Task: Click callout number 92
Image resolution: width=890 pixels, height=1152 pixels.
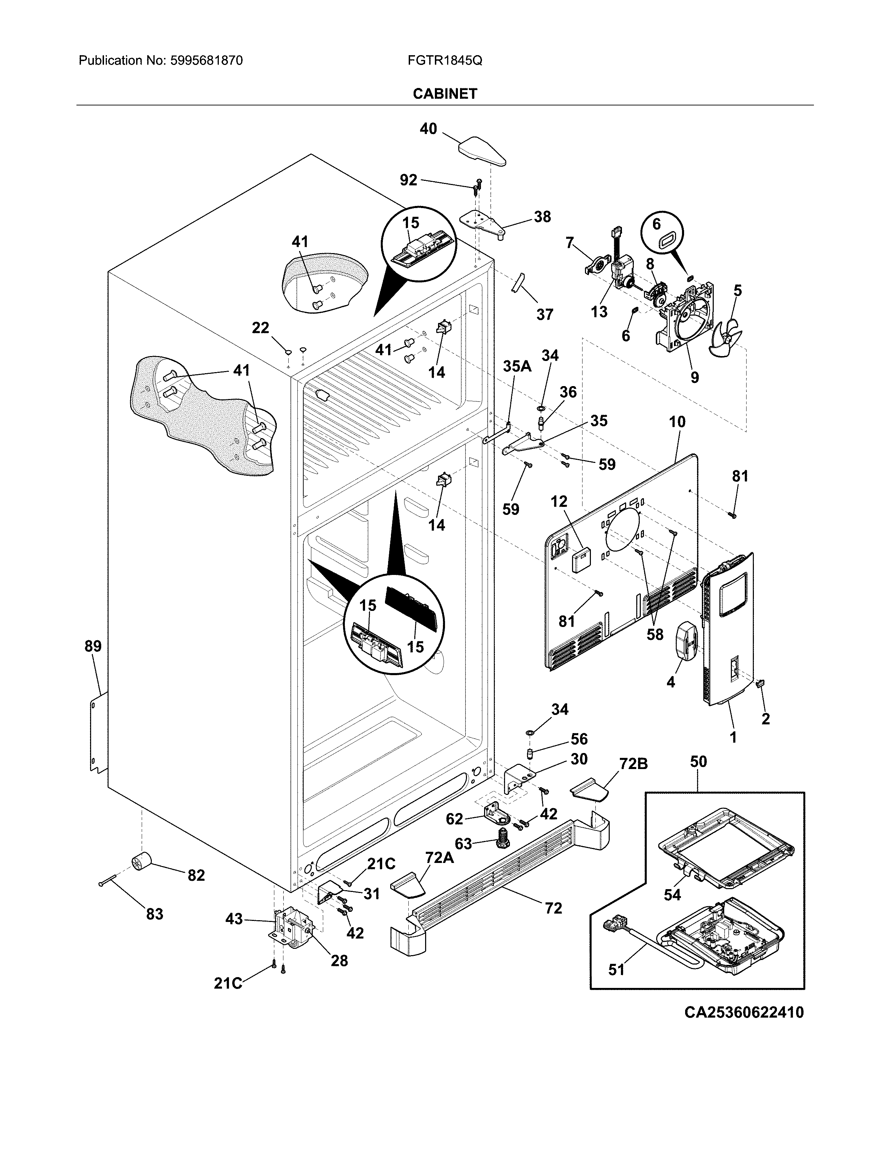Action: coord(409,180)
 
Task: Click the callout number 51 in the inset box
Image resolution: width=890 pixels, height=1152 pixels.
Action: coord(616,969)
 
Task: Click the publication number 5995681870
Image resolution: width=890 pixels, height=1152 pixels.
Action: coord(206,61)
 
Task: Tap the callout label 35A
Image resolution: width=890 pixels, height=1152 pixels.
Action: coord(517,367)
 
